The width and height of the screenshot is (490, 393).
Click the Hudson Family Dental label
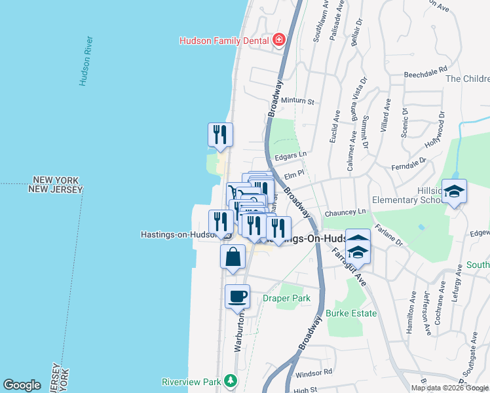[x=225, y=40]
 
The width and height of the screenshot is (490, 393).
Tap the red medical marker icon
[x=279, y=40]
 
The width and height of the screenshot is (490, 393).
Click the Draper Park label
[x=286, y=298]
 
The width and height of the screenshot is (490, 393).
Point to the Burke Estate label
[x=352, y=313]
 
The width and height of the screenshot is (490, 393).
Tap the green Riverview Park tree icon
[x=230, y=380]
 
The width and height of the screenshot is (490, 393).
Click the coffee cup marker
[x=237, y=297]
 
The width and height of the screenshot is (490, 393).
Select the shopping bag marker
[x=233, y=257]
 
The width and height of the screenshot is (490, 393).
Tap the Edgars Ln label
[x=291, y=155]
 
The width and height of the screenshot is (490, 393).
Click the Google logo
[x=22, y=385]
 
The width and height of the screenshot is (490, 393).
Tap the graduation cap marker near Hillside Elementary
[x=454, y=191]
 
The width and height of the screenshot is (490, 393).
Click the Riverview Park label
[x=191, y=381]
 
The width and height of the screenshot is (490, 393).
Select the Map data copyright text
[x=449, y=388]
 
